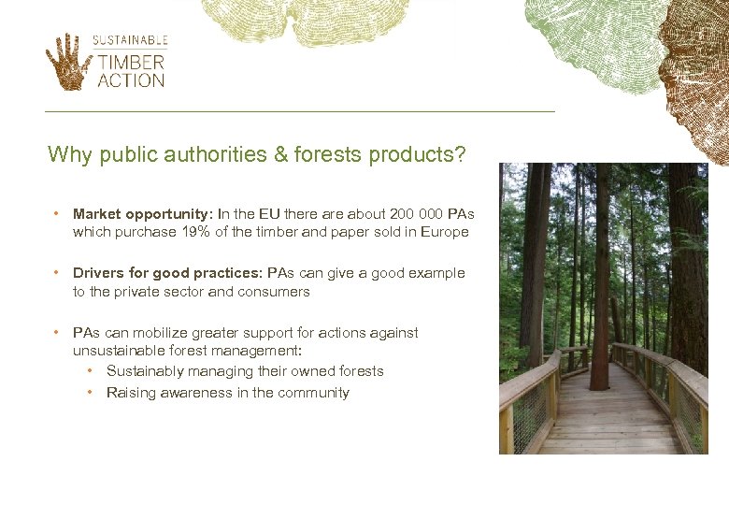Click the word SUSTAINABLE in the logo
130,40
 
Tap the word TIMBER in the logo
131,63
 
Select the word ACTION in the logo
131,80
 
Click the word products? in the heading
417,154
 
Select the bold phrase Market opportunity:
143,214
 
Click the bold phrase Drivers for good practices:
168,273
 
